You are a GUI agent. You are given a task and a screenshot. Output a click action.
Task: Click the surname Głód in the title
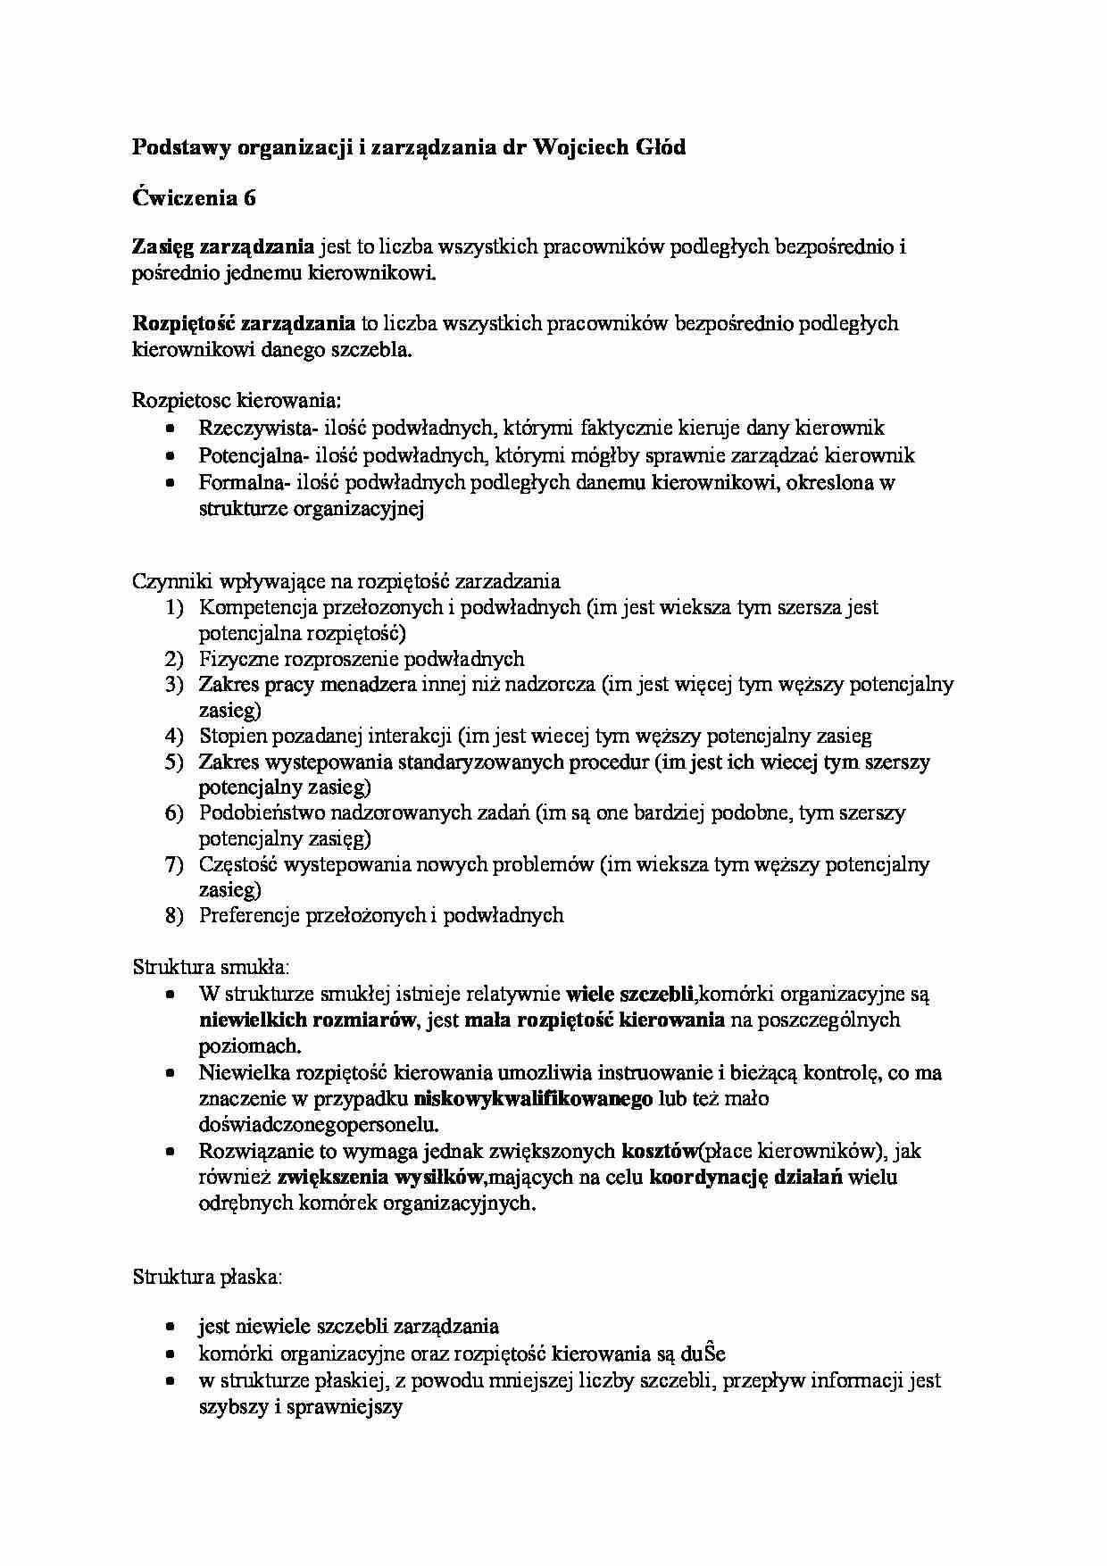[652, 147]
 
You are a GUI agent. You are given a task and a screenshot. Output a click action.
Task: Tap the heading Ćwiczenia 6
[194, 197]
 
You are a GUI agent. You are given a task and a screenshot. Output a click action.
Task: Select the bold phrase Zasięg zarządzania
[223, 247]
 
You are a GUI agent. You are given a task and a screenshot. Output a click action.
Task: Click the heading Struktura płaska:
[207, 1277]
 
